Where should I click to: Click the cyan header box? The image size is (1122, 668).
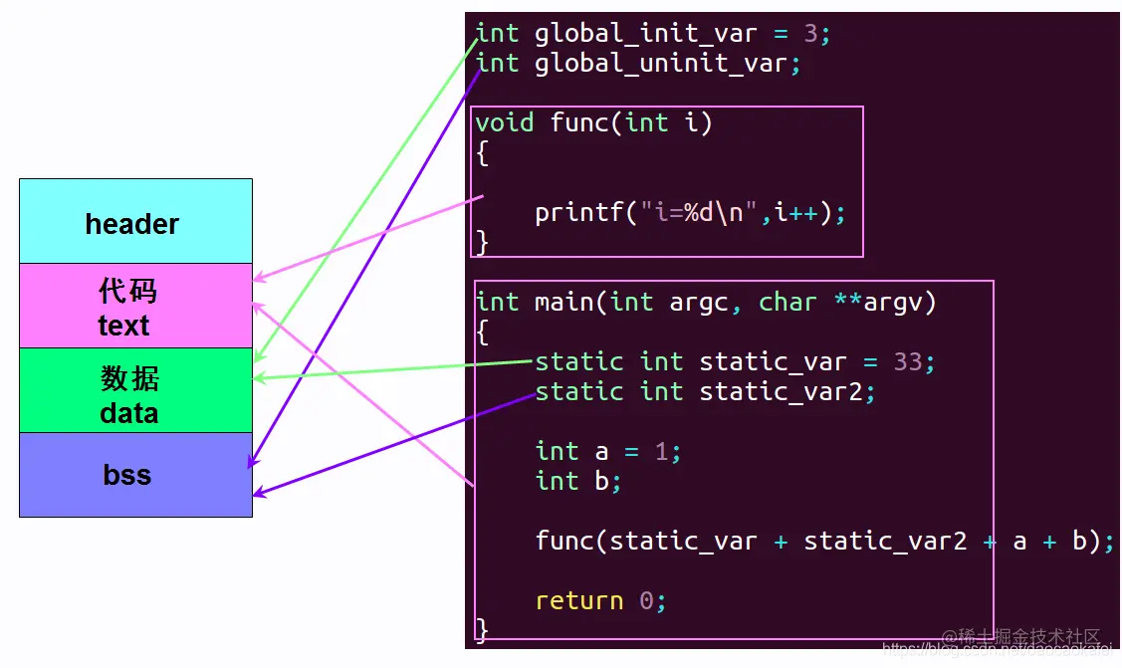pyautogui.click(x=135, y=222)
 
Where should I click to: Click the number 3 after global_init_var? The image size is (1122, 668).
pyautogui.click(x=810, y=33)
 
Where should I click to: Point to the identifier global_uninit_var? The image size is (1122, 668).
pyautogui.click(x=661, y=63)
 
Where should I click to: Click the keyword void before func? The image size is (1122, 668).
pyautogui.click(x=505, y=122)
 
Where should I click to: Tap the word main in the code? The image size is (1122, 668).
pyautogui.click(x=563, y=302)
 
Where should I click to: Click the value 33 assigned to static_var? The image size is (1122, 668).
pyautogui.click(x=908, y=361)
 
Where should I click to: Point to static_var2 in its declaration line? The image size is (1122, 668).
pyautogui.click(x=781, y=391)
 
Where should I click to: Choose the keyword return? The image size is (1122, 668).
pyautogui.click(x=578, y=600)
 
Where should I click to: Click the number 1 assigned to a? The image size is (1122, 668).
pyautogui.click(x=661, y=451)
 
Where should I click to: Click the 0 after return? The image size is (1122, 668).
pyautogui.click(x=646, y=600)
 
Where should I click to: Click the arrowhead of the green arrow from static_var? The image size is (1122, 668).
pyautogui.click(x=258, y=378)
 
